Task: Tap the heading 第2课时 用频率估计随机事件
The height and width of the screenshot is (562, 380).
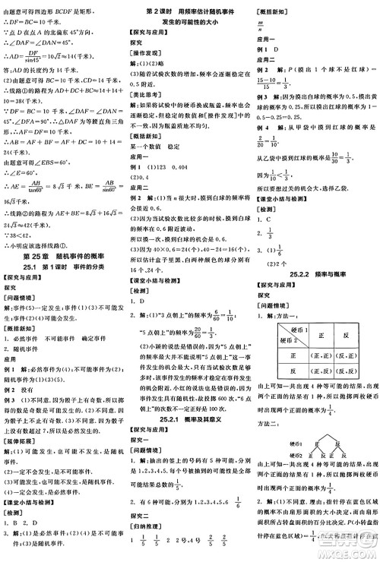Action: point(189,8)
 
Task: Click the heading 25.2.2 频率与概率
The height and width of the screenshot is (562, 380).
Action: point(316,272)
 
